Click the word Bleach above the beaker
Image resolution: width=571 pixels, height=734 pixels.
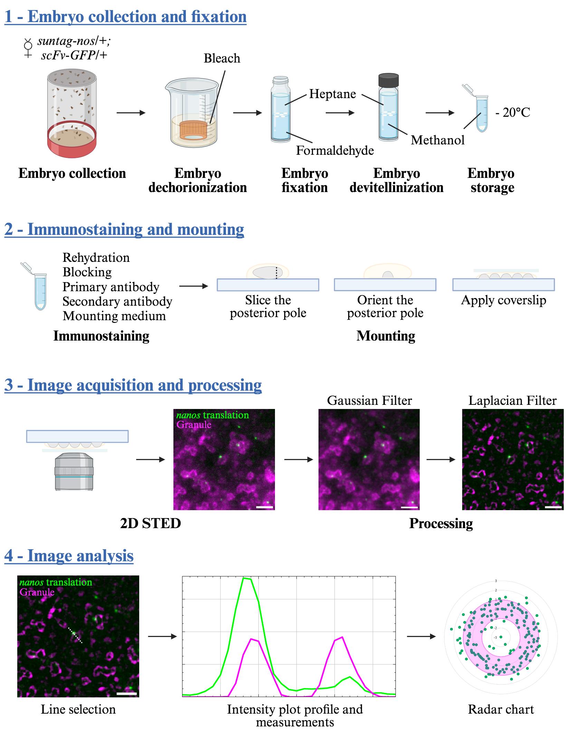click(222, 58)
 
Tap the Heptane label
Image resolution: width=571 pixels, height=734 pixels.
click(332, 94)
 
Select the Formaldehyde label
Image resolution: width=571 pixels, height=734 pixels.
click(335, 150)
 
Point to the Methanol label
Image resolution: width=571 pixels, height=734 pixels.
click(438, 140)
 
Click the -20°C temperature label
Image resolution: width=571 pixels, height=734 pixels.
click(513, 112)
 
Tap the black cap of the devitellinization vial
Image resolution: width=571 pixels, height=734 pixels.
click(389, 80)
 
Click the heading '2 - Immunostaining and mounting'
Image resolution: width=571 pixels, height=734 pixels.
click(124, 229)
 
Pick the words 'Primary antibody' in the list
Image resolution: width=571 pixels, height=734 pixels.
click(111, 287)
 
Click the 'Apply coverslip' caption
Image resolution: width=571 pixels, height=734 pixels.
click(504, 300)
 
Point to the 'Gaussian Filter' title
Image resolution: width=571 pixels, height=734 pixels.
click(369, 400)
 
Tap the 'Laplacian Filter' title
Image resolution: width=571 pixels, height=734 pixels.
click(512, 400)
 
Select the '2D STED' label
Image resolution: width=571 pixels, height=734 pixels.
click(150, 523)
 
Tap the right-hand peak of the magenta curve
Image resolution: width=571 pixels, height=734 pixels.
click(342, 637)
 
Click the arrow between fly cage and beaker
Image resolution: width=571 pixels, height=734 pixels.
click(131, 113)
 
